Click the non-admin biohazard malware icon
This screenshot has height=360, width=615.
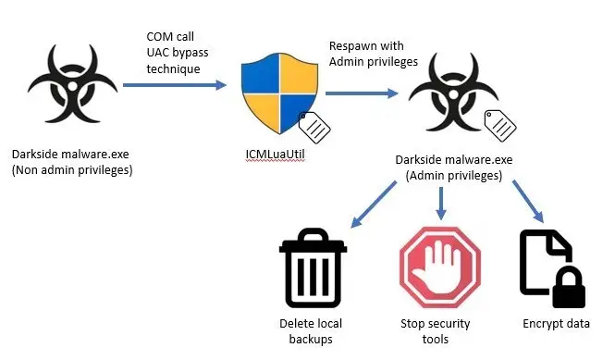[x=72, y=84]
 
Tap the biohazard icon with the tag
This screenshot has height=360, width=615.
[x=453, y=93]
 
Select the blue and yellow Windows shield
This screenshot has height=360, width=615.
[x=279, y=93]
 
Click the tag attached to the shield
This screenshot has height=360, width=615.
[x=314, y=127]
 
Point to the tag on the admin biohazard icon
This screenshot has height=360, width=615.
[x=500, y=126]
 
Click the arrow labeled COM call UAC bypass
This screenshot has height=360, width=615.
[x=175, y=85]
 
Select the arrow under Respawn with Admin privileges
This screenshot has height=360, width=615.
[x=362, y=93]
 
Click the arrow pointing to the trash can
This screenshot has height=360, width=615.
[x=373, y=205]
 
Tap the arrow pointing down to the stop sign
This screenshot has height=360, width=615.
[x=441, y=204]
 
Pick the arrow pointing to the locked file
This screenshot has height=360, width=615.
[x=528, y=202]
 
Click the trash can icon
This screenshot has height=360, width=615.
[x=313, y=267]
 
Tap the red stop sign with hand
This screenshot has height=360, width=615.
[x=440, y=267]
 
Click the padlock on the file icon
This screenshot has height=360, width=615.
[x=569, y=288]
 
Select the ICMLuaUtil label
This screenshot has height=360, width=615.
[x=275, y=155]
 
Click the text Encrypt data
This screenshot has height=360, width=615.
[x=556, y=324]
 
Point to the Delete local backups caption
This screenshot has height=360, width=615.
[x=311, y=331]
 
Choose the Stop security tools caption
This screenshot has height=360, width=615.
[x=436, y=331]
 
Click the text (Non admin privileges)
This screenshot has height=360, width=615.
[x=72, y=170]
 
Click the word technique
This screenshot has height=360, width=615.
[x=173, y=69]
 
